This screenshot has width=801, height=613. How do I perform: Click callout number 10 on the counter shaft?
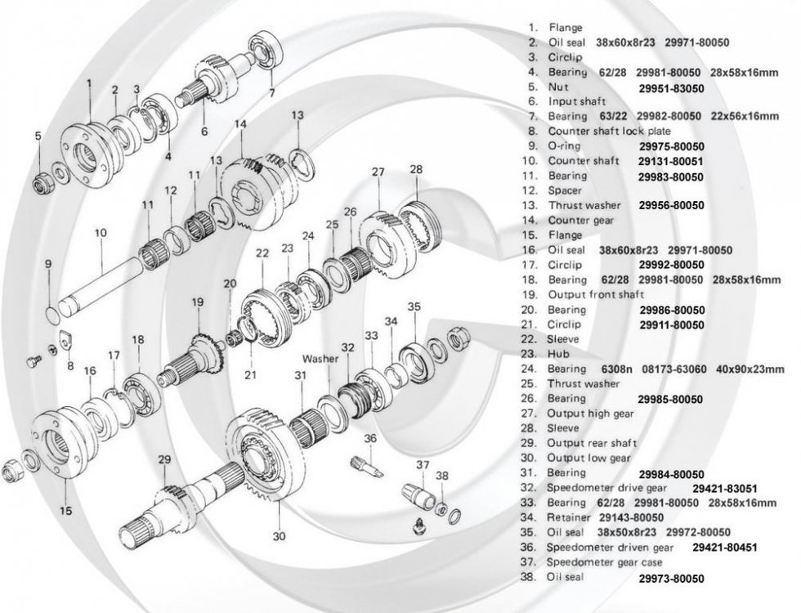[x=101, y=233]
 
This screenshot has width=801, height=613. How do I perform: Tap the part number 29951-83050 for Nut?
[x=671, y=88]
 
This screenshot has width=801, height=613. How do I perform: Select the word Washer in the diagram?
[x=320, y=358]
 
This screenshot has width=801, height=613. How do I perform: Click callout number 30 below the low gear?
[x=279, y=536]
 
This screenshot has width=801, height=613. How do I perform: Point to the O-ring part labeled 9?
[x=53, y=311]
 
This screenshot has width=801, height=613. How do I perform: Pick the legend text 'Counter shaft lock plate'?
[x=610, y=131]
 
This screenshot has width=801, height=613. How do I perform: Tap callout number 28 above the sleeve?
[x=416, y=169]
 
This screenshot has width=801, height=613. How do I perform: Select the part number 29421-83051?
[x=725, y=489]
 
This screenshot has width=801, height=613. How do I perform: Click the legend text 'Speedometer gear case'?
[x=604, y=562]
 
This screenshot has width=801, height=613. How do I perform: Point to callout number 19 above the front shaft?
[x=197, y=302]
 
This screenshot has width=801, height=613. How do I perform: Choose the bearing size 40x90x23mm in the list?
[x=750, y=369]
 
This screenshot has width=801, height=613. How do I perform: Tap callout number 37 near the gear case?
[x=423, y=464]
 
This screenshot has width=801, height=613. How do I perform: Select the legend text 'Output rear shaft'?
[x=592, y=443]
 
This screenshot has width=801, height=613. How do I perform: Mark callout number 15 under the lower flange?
[x=66, y=510]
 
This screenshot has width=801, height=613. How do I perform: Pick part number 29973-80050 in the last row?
[x=671, y=579]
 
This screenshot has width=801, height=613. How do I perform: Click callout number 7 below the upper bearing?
[x=271, y=92]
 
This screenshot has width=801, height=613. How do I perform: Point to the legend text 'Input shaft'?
[x=577, y=101]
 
